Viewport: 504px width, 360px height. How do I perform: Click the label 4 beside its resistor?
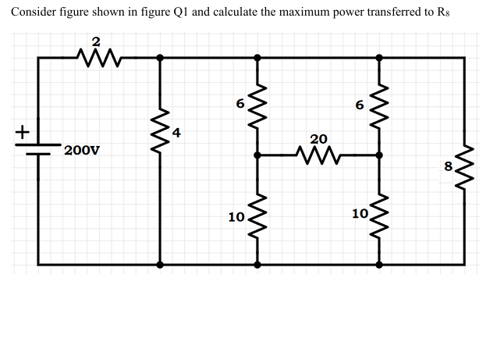pos(177,133)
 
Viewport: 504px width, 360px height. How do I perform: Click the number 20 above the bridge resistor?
pos(318,138)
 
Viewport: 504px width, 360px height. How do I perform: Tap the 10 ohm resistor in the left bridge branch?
pos(259,214)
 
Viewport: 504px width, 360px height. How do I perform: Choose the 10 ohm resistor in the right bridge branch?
pos(380,214)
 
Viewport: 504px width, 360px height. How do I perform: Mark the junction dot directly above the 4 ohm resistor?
pos(160,57)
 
